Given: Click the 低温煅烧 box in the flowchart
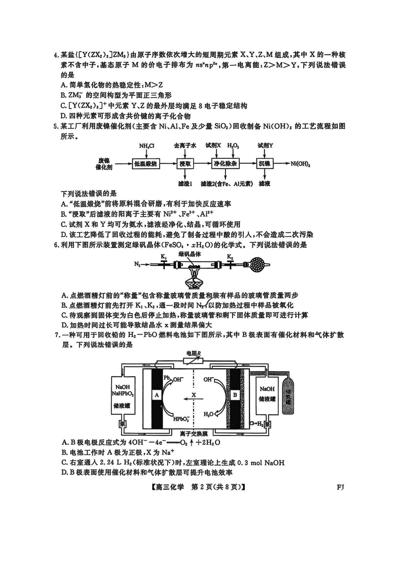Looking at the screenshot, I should coord(146,163).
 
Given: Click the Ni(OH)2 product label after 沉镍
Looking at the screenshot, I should coord(301,163).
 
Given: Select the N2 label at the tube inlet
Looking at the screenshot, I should coord(137,266).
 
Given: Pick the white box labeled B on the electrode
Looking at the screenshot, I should coord(234,395).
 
